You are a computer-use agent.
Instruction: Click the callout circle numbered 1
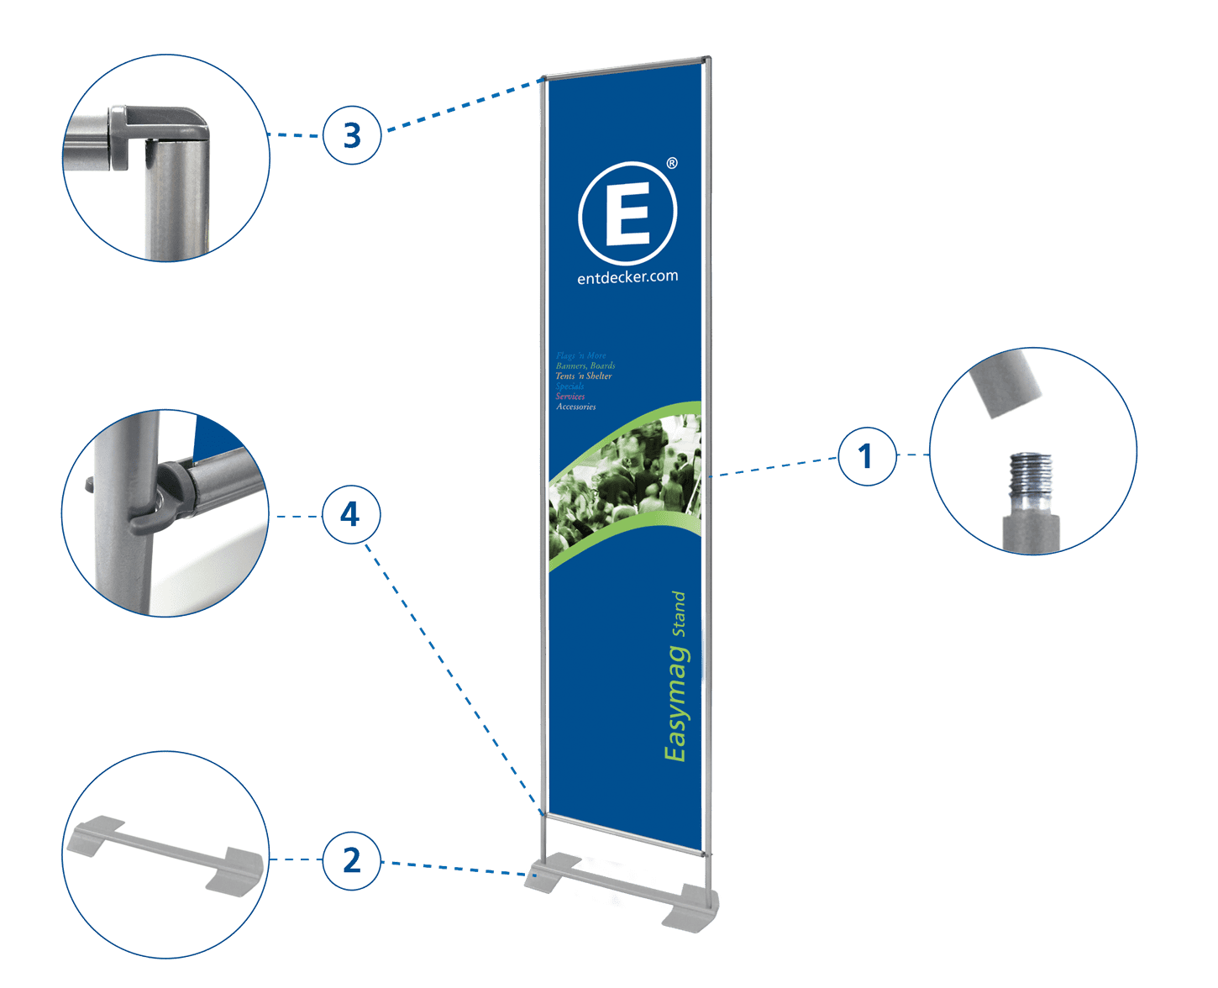pos(866,456)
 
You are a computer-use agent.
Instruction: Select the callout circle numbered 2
pos(351,860)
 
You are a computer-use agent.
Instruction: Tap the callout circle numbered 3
pos(352,134)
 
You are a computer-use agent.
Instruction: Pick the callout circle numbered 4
pos(350,514)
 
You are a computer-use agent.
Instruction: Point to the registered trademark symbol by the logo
pos(672,163)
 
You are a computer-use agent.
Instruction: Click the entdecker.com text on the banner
pos(627,276)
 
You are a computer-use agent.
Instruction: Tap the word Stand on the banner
pos(679,614)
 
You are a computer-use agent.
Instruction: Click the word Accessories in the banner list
pos(576,407)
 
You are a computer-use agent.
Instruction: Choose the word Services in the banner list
pos(570,397)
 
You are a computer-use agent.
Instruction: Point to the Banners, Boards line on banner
pos(585,365)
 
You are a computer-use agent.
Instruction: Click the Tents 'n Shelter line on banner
pos(584,376)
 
